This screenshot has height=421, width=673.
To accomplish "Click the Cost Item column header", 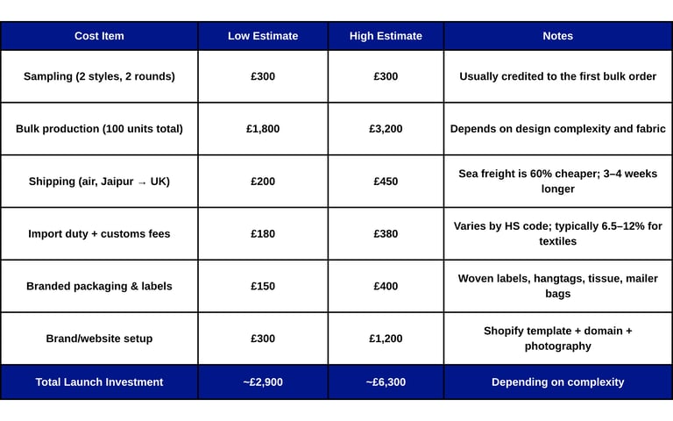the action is click(x=99, y=36).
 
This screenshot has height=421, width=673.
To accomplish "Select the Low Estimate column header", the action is click(x=263, y=36).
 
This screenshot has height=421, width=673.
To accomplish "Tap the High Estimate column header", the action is click(x=386, y=36).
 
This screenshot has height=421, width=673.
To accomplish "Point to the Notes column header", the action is click(x=557, y=36).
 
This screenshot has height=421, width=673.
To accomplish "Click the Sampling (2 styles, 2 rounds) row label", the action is click(x=99, y=76).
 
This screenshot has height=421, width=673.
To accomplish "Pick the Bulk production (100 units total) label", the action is click(x=99, y=129).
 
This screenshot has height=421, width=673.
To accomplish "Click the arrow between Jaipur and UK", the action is click(x=142, y=182).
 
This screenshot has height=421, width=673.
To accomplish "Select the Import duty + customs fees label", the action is click(x=99, y=234).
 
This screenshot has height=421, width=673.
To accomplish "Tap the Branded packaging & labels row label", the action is click(x=99, y=286).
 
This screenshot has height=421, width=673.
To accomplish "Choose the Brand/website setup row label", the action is click(x=99, y=339).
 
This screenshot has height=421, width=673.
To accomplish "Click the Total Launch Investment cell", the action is click(x=99, y=382).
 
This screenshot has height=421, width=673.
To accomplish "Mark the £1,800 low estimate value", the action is click(x=263, y=129).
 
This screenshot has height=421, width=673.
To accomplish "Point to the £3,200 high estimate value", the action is click(x=386, y=129).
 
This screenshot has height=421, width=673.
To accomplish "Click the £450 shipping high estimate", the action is click(x=386, y=182).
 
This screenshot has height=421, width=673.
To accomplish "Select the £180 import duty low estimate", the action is click(x=263, y=234).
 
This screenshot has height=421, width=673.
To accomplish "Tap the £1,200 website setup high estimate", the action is click(x=386, y=339).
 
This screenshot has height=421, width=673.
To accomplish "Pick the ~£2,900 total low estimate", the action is click(x=263, y=382).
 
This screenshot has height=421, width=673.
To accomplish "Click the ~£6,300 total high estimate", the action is click(x=386, y=382).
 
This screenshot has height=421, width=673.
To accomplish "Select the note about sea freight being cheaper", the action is click(x=557, y=181).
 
